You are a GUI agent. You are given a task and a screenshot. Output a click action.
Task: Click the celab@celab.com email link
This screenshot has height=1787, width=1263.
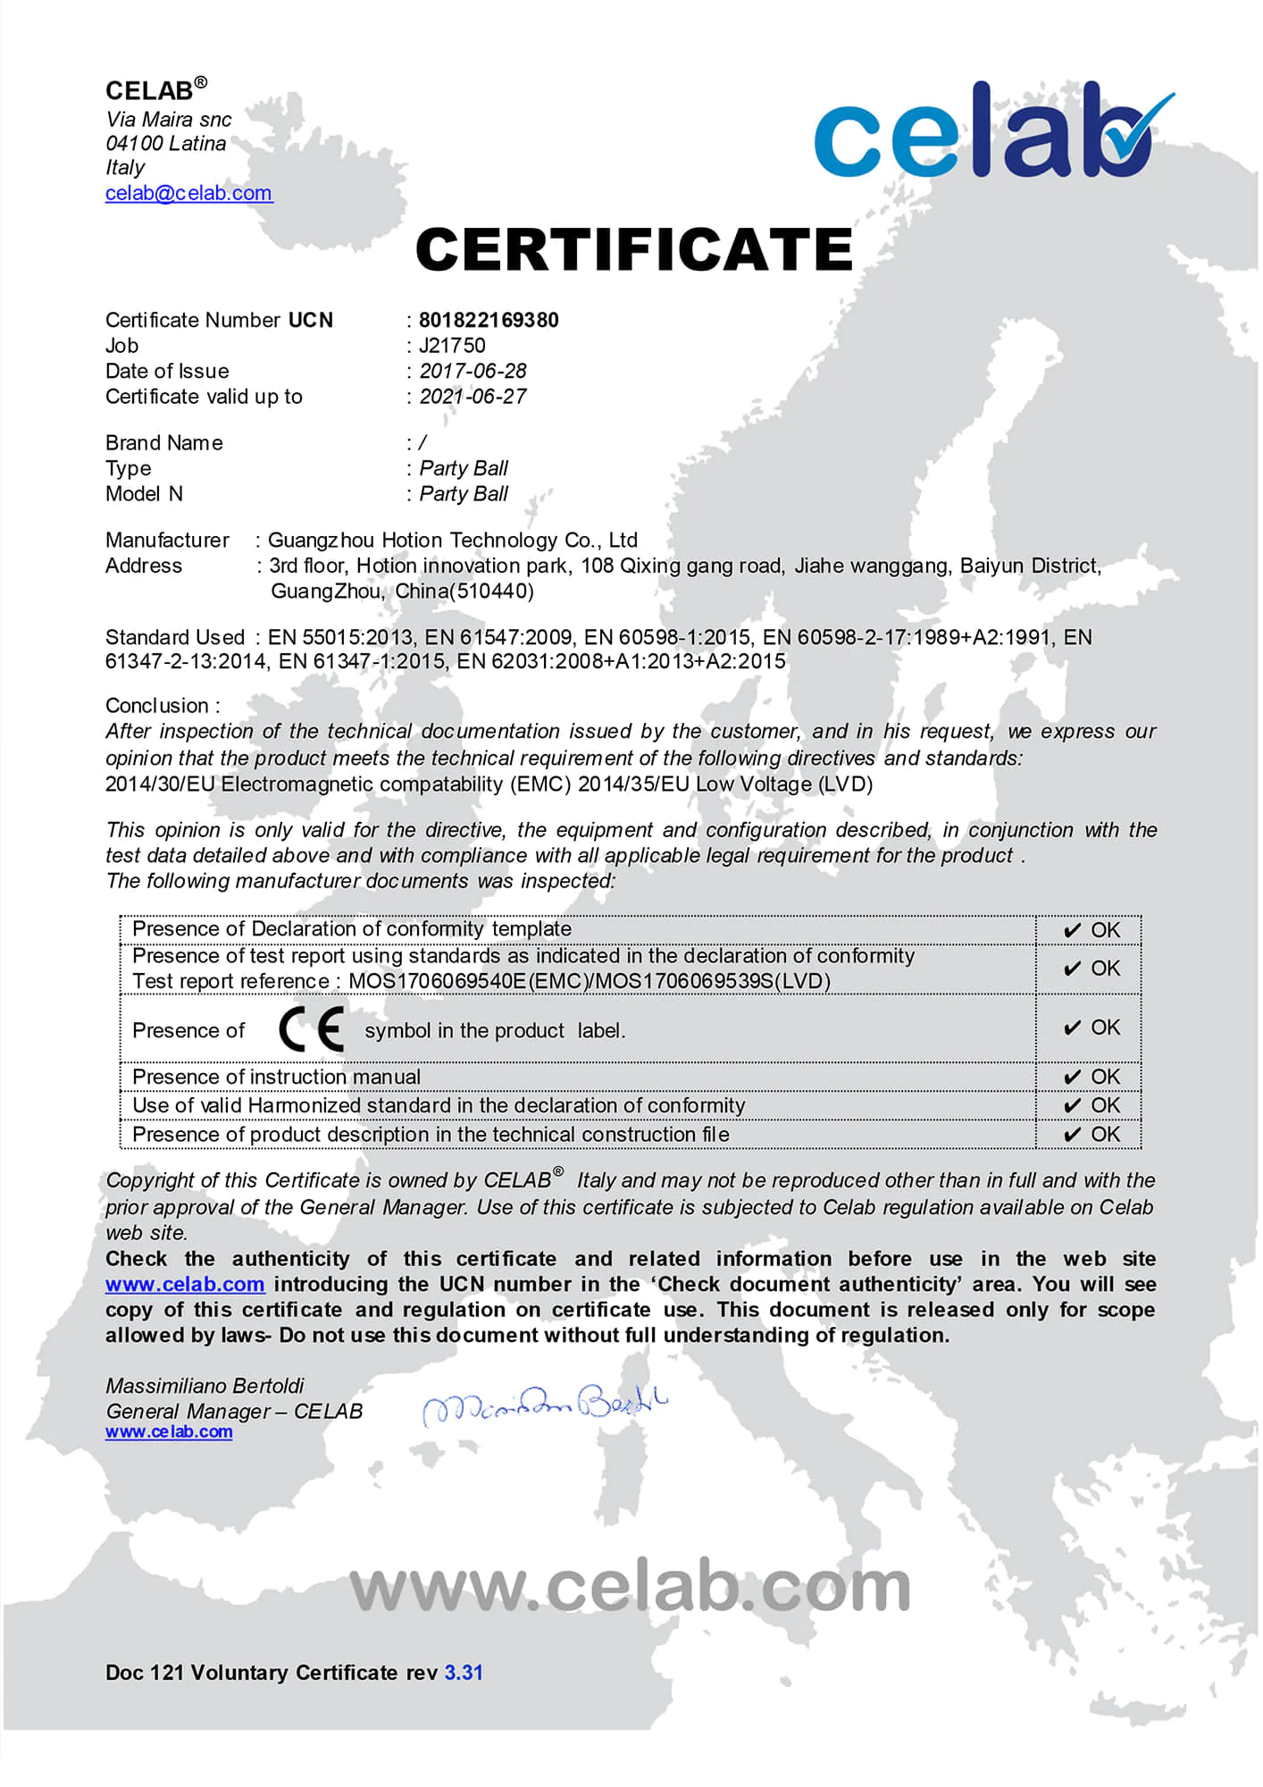(x=188, y=193)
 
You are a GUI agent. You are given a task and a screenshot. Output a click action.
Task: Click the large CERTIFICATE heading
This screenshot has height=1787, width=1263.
(x=634, y=249)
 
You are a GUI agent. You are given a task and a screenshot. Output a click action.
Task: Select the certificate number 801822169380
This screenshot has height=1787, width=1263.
(x=489, y=320)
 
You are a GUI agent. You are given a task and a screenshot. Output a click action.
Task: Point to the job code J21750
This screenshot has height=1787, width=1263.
(x=452, y=346)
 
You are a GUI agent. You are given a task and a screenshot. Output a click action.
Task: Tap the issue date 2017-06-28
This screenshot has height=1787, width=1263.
(x=473, y=371)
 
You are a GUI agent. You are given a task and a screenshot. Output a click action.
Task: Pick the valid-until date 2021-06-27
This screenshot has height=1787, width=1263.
(x=473, y=397)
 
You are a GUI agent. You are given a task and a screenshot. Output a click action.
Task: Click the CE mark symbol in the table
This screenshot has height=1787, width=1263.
(x=311, y=1029)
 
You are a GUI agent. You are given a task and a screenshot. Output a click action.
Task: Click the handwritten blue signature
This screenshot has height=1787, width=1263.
(x=545, y=1405)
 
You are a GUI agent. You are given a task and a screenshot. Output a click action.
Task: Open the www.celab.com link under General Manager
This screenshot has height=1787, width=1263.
(x=169, y=1431)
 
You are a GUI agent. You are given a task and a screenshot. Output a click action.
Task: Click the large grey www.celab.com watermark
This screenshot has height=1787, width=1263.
(x=631, y=1587)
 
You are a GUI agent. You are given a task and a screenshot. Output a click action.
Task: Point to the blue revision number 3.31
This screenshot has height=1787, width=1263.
(x=464, y=1673)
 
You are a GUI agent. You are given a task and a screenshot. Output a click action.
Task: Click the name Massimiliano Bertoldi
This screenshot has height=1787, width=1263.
(x=205, y=1386)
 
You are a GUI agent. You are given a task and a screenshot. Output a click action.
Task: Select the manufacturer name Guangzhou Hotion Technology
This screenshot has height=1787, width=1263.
(x=452, y=540)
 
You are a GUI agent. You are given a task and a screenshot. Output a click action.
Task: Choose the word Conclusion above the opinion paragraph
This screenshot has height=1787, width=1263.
(x=157, y=706)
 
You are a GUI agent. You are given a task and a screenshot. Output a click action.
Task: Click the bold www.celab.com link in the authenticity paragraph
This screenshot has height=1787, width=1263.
(x=185, y=1284)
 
